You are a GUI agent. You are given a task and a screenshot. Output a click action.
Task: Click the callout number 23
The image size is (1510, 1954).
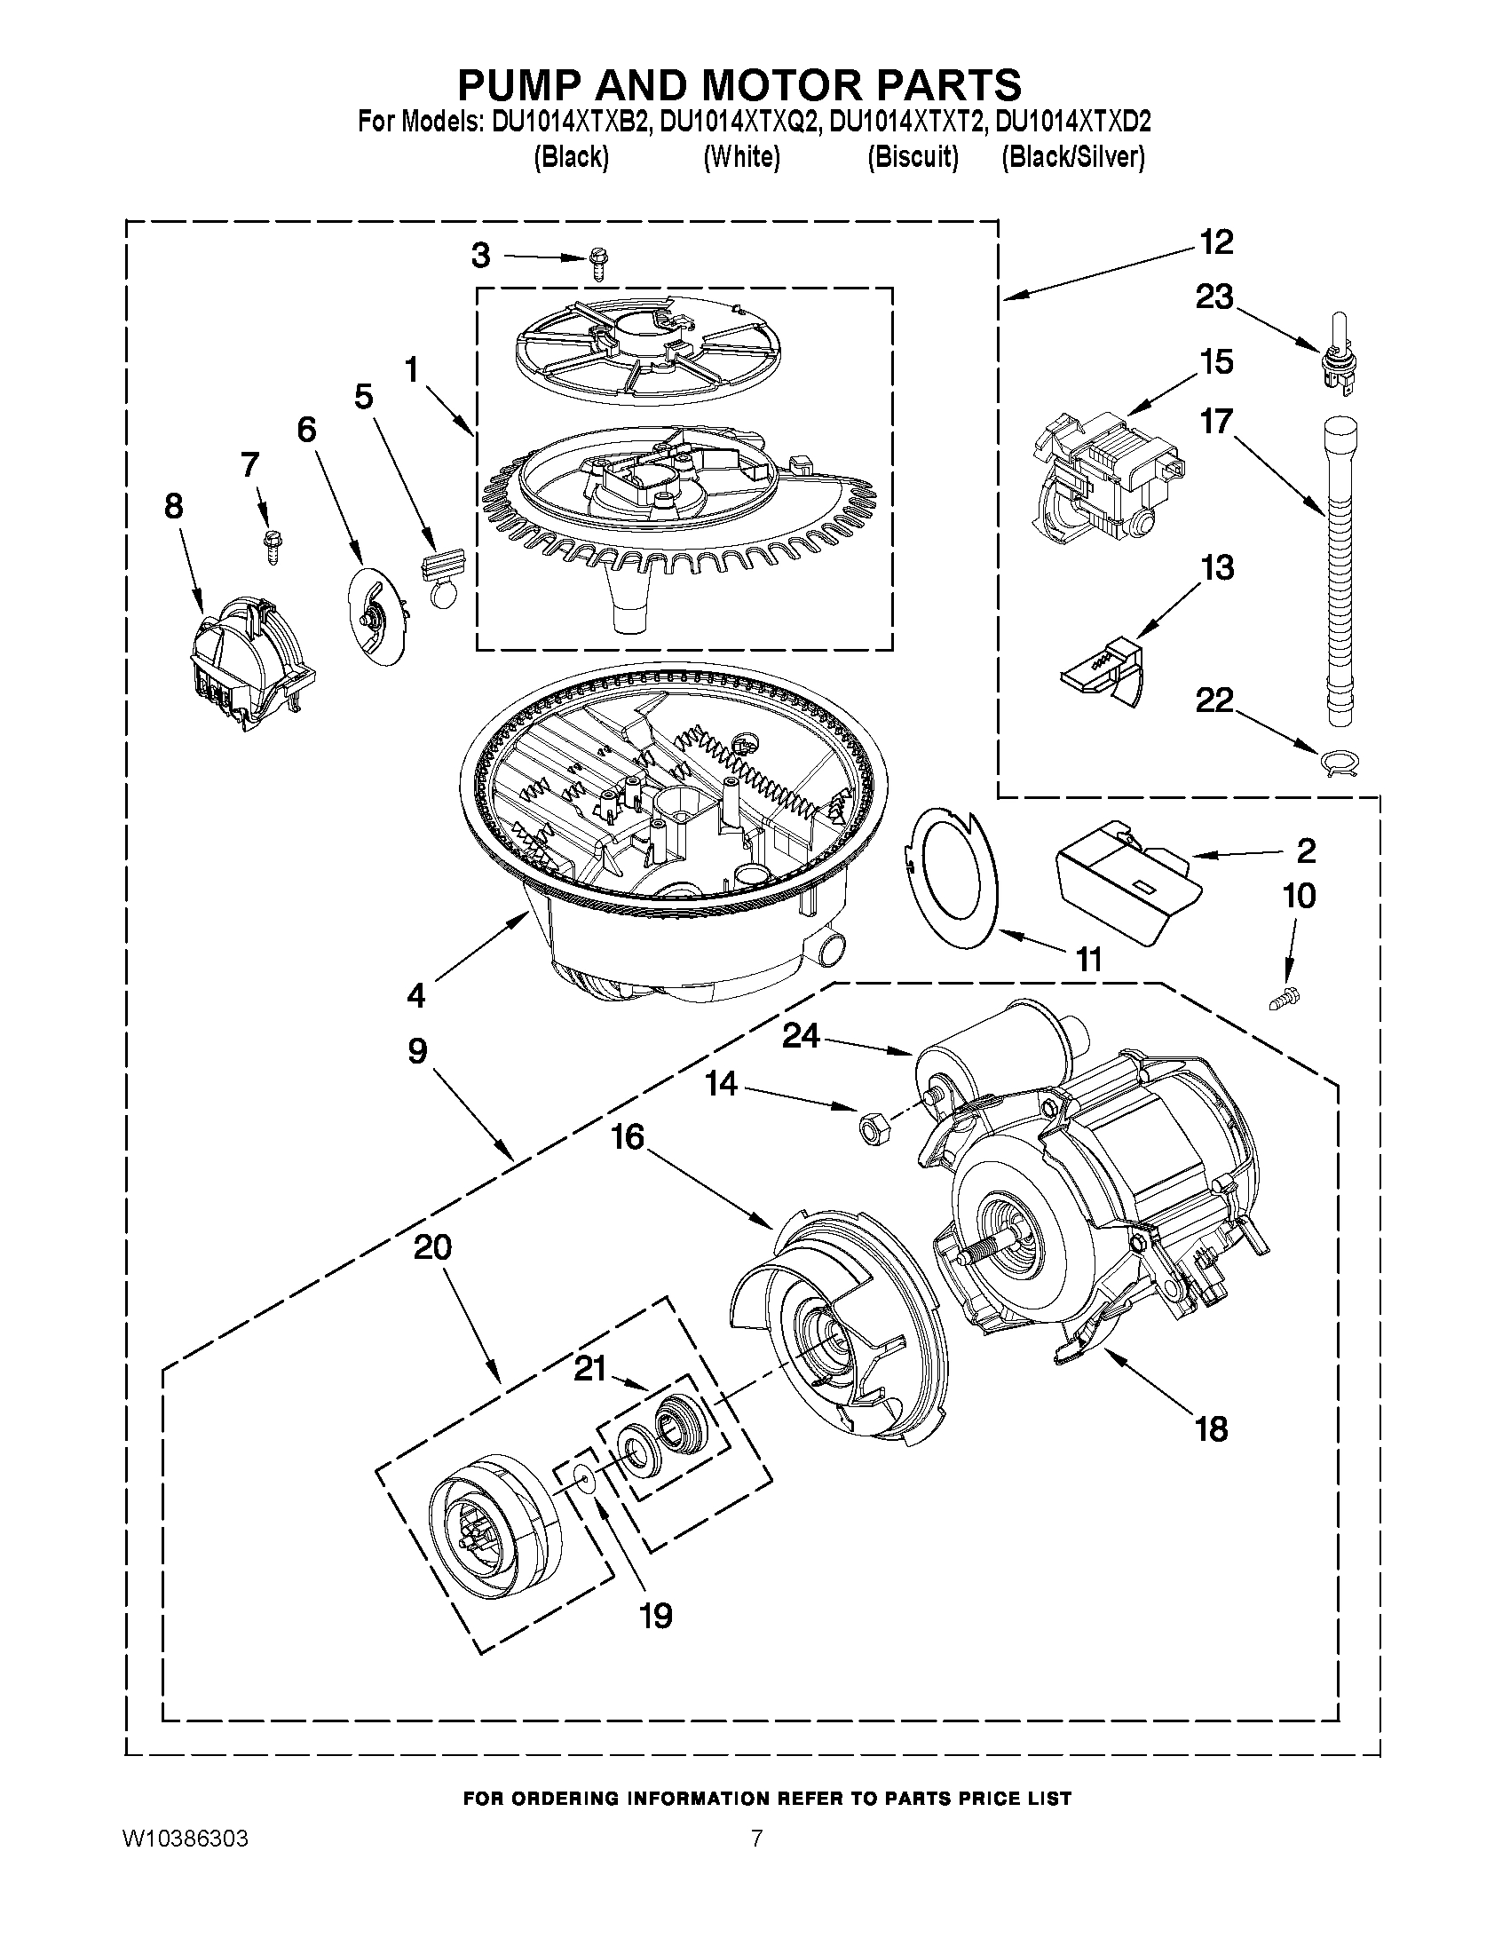tap(1214, 298)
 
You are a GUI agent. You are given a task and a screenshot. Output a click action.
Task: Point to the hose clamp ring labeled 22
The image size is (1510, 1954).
tap(1340, 762)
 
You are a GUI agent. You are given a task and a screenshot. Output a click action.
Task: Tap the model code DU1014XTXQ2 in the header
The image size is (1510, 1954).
tap(740, 122)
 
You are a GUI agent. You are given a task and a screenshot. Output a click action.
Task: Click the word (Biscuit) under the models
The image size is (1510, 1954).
tap(913, 157)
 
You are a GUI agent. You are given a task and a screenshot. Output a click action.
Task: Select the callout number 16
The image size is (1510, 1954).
tap(628, 1138)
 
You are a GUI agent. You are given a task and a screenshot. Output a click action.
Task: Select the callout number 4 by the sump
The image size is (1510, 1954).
tap(416, 995)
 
